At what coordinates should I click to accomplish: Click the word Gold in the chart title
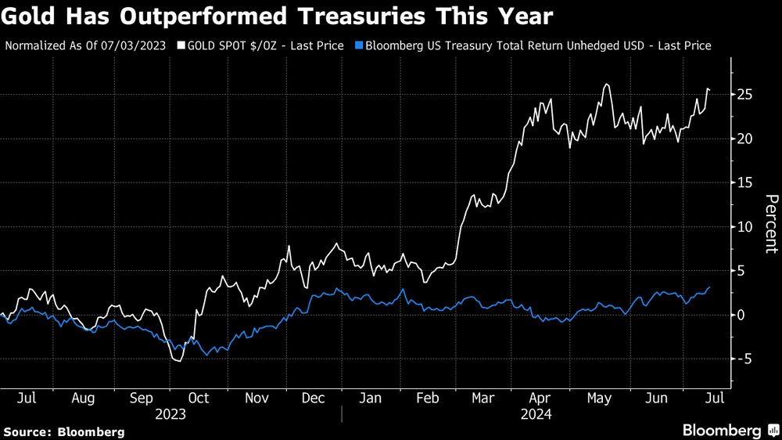coord(29,16)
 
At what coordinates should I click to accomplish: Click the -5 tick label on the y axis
coord(743,359)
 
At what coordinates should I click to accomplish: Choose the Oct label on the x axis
coord(199,398)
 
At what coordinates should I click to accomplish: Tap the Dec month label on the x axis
coord(314,398)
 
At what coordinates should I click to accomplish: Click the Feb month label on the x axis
coord(427,398)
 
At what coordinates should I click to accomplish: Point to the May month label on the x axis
coord(598,398)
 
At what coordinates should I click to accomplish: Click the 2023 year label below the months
coord(170,413)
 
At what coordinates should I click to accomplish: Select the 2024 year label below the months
coord(536,413)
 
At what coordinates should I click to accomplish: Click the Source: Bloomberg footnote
coord(63,431)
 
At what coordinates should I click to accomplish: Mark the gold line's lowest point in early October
coord(179,361)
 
